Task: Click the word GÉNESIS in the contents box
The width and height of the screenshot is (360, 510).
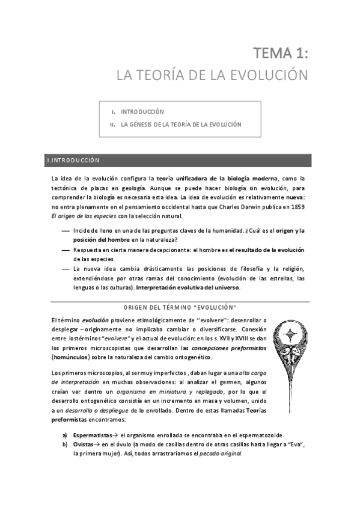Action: coord(144,124)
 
